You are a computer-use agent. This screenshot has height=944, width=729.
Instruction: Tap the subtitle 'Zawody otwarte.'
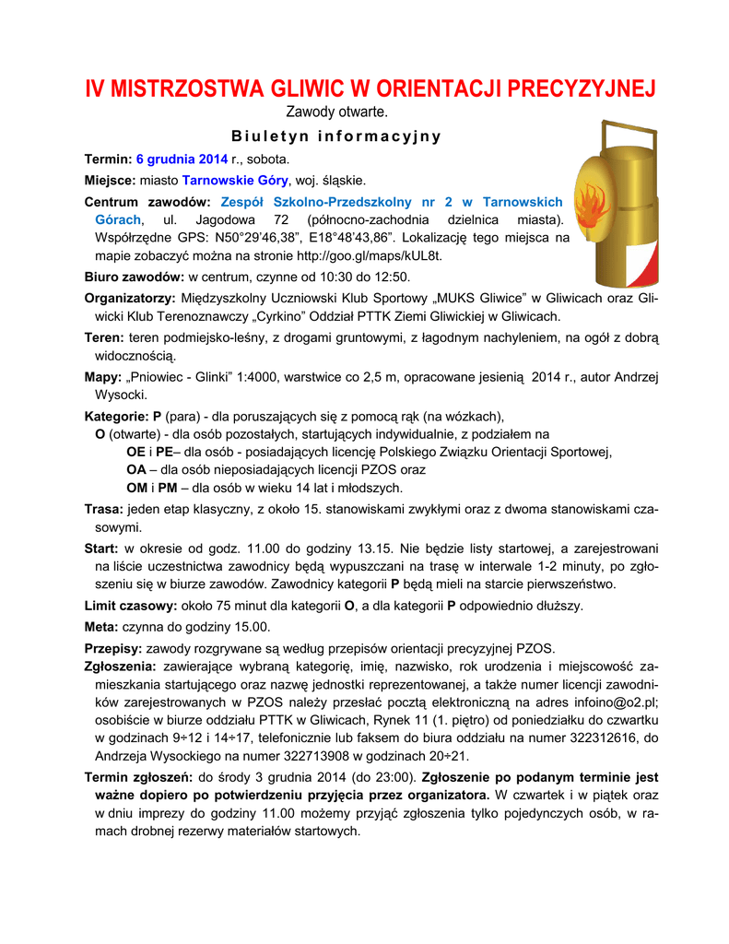tap(336, 112)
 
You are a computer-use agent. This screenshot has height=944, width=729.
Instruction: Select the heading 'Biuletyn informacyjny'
tap(336, 136)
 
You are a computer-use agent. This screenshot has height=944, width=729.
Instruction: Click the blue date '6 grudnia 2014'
tap(182, 159)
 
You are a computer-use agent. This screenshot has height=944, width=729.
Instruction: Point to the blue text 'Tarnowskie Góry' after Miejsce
tap(235, 180)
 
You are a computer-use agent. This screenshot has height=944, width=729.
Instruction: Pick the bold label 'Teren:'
tap(104, 338)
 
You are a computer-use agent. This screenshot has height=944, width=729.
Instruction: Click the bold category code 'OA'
tap(135, 469)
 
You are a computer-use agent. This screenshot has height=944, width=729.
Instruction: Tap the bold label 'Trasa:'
tap(103, 509)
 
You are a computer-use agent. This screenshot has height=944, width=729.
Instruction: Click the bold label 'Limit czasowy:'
tap(131, 606)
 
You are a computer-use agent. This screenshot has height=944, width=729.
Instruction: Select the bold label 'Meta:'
tap(101, 627)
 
